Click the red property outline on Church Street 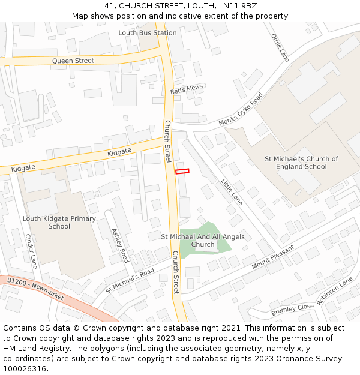tap(182, 171)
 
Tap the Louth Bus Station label tap(148, 32)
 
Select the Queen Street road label tap(73, 61)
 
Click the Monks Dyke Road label tap(241, 109)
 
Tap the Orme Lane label tap(280, 47)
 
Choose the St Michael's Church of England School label tap(301, 163)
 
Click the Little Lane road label tap(232, 192)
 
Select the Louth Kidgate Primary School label tap(59, 222)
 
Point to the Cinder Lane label tap(31, 251)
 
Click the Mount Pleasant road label tap(273, 257)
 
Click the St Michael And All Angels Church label tap(203, 241)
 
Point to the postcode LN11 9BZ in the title tap(239, 5)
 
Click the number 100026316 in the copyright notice tap(25, 368)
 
